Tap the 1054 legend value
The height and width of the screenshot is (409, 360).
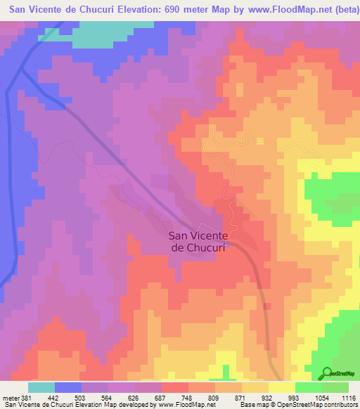321,397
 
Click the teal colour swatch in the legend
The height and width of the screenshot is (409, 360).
41,387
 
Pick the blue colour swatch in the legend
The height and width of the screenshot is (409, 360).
68,387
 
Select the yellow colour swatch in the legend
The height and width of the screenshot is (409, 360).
282,387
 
